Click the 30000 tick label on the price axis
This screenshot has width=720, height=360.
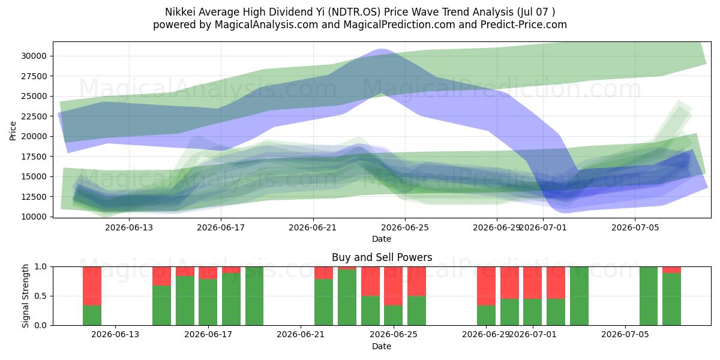[x=34, y=56]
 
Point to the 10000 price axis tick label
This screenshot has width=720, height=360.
[x=34, y=217]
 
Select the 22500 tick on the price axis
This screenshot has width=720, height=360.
[x=34, y=116]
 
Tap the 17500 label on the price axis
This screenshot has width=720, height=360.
[x=34, y=157]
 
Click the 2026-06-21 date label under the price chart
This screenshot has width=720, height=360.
[x=313, y=227]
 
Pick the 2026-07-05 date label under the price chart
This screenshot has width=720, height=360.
[x=635, y=227]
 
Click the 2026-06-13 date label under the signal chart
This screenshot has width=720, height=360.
[x=115, y=334]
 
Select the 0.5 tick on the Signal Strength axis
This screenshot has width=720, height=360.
[x=41, y=296]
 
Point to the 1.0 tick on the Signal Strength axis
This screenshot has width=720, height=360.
[x=41, y=267]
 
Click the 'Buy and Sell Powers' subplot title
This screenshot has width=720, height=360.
[x=382, y=257]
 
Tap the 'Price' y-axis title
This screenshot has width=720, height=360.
[x=13, y=131]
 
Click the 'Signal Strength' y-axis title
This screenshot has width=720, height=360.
[x=25, y=296]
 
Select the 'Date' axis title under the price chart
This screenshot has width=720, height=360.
[x=382, y=239]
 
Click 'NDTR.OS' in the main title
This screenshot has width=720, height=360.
[x=353, y=12]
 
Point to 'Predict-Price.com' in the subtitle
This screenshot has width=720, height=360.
[x=524, y=25]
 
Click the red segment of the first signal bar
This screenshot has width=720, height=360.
[x=92, y=286]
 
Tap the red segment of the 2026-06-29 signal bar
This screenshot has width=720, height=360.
[x=487, y=286]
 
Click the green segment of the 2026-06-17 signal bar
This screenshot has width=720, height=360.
[x=208, y=302]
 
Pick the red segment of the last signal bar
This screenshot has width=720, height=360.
[x=672, y=270]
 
